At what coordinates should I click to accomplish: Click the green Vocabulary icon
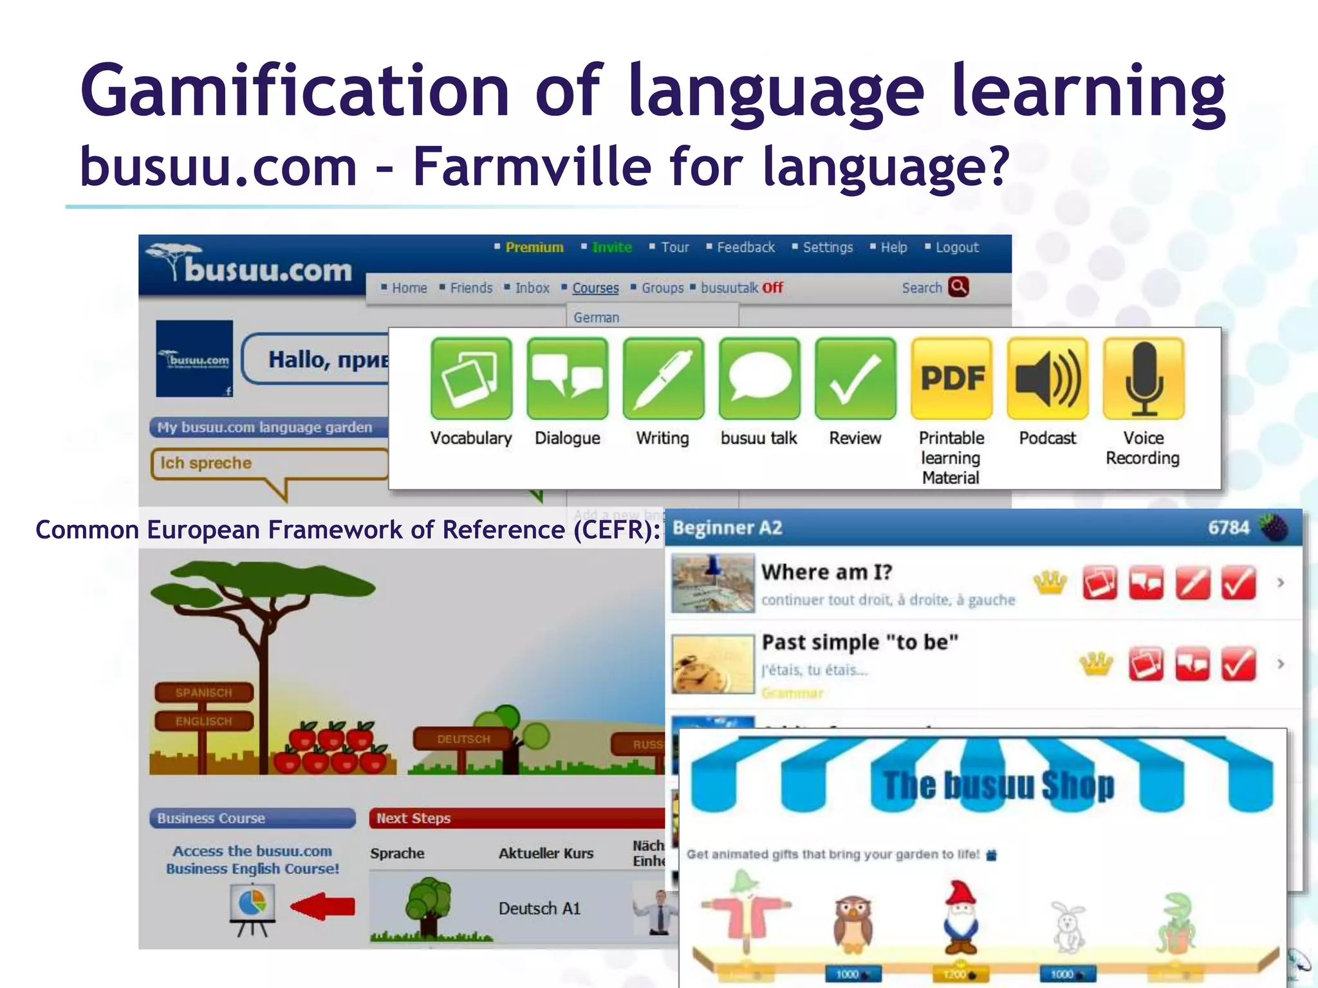click(471, 378)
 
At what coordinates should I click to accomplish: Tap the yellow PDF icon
click(951, 378)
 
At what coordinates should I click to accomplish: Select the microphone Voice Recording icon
click(1144, 378)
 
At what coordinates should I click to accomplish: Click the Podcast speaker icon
click(1048, 378)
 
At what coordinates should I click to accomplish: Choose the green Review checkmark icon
click(855, 378)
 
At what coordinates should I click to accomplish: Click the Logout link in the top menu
click(956, 248)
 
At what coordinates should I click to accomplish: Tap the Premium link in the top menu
click(534, 248)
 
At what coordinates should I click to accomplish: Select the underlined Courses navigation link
click(595, 288)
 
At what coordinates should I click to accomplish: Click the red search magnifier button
click(958, 287)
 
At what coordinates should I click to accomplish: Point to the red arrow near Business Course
click(323, 906)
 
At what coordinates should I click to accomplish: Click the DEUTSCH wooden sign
click(463, 739)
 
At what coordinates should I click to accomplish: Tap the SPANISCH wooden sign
click(203, 693)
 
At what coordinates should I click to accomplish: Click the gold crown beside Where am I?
click(1050, 583)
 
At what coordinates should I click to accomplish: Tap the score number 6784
click(1228, 528)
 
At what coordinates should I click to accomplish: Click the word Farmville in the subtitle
click(532, 167)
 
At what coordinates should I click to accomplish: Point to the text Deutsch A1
click(539, 908)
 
